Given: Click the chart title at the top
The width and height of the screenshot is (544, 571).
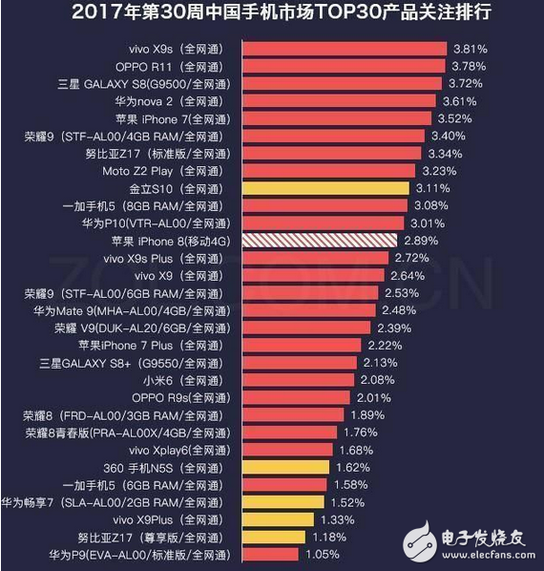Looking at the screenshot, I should pos(272,13).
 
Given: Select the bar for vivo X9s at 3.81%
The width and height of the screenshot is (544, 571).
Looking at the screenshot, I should pos(345,48).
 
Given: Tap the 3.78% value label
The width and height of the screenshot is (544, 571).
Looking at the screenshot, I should pos(470,66).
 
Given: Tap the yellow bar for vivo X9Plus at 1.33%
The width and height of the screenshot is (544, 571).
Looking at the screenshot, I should pos(278,519).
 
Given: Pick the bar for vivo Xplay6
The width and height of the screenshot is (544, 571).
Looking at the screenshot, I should pos(287,450).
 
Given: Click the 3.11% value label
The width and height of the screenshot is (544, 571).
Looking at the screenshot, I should pos(432,188).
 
